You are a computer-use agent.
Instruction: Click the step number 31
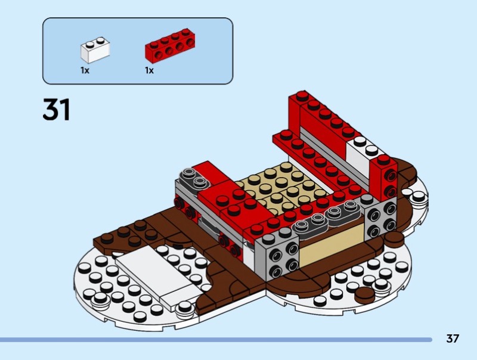point(57,110)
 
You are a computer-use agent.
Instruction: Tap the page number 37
point(453,339)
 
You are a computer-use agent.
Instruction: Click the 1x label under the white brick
point(85,70)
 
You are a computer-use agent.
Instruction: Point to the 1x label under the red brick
point(149,70)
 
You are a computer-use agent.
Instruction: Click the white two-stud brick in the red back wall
point(363,149)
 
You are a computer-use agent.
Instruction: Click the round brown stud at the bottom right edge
point(364,293)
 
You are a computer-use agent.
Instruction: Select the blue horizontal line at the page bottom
point(215,340)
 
